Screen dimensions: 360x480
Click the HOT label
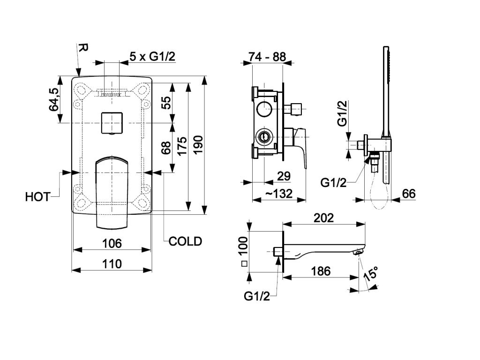click(37, 196)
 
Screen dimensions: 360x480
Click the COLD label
click(185, 241)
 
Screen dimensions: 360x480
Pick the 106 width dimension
click(112, 243)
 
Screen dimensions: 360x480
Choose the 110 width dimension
click(112, 264)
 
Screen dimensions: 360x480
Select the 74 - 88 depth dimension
click(267, 57)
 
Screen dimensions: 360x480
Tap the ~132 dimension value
click(279, 194)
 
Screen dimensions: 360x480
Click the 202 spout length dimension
click(323, 217)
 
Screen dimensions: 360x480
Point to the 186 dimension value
click(321, 271)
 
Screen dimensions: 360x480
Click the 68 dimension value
click(165, 149)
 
